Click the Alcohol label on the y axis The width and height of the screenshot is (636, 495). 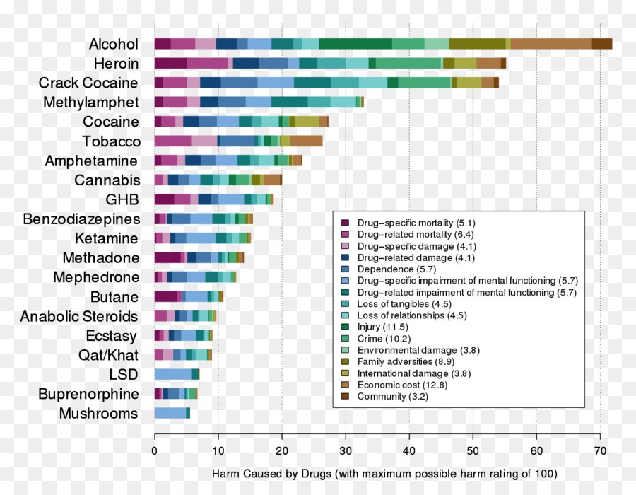113,44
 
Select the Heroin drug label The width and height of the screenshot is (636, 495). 117,64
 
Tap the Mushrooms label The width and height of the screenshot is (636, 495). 98,414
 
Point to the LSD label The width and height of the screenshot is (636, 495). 124,375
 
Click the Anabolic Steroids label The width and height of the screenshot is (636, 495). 78,316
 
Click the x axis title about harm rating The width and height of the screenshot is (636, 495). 384,472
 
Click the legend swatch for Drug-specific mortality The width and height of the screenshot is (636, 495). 345,223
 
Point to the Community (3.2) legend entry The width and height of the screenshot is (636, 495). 392,396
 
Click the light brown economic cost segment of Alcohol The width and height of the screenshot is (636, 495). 551,44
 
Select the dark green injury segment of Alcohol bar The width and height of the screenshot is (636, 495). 355,44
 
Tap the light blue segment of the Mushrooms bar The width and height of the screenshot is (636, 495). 170,413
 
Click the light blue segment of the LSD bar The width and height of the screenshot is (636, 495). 172,374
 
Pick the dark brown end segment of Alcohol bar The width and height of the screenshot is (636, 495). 602,44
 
